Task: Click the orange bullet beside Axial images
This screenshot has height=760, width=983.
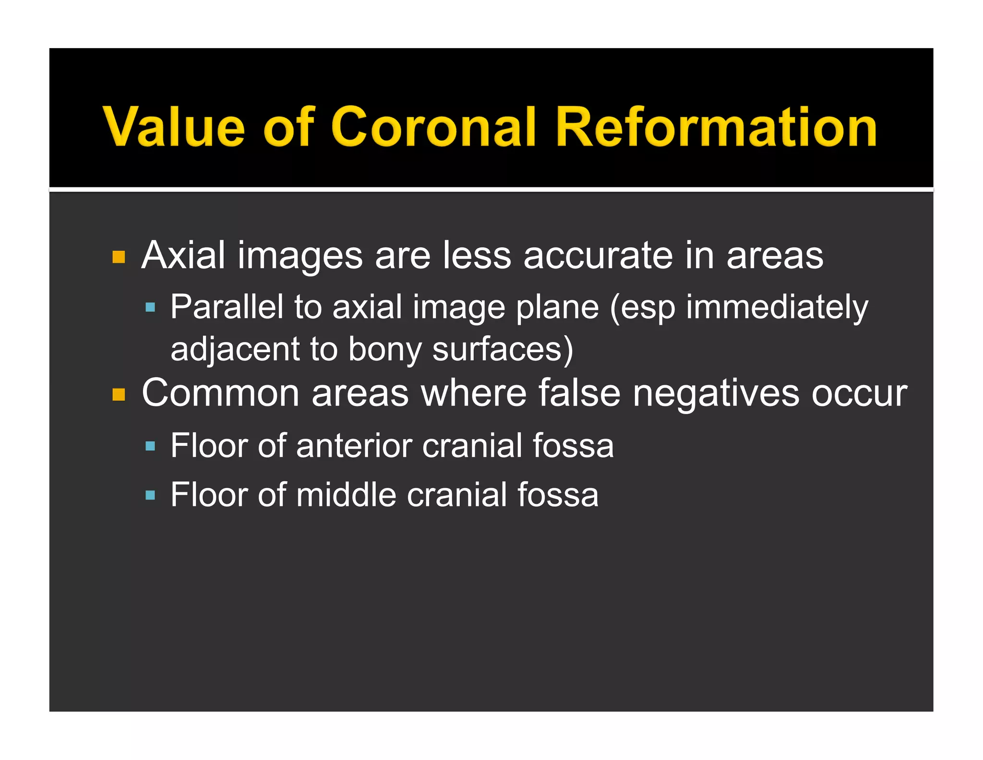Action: pyautogui.click(x=119, y=257)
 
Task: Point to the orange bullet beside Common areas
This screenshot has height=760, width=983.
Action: pyautogui.click(x=119, y=395)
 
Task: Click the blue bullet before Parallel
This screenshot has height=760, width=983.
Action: pyautogui.click(x=150, y=307)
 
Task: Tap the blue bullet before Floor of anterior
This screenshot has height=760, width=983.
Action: pyautogui.click(x=150, y=446)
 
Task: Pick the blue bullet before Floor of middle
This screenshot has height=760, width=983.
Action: pyautogui.click(x=150, y=495)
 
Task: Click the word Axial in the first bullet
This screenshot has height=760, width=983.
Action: pyautogui.click(x=183, y=255)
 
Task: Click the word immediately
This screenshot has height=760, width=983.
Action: pyautogui.click(x=777, y=307)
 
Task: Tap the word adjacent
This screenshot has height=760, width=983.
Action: pyautogui.click(x=234, y=350)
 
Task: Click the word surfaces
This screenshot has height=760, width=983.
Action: pyautogui.click(x=497, y=349)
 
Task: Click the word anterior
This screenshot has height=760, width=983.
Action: pyautogui.click(x=354, y=446)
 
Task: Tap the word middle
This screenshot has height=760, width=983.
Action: pyautogui.click(x=346, y=495)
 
